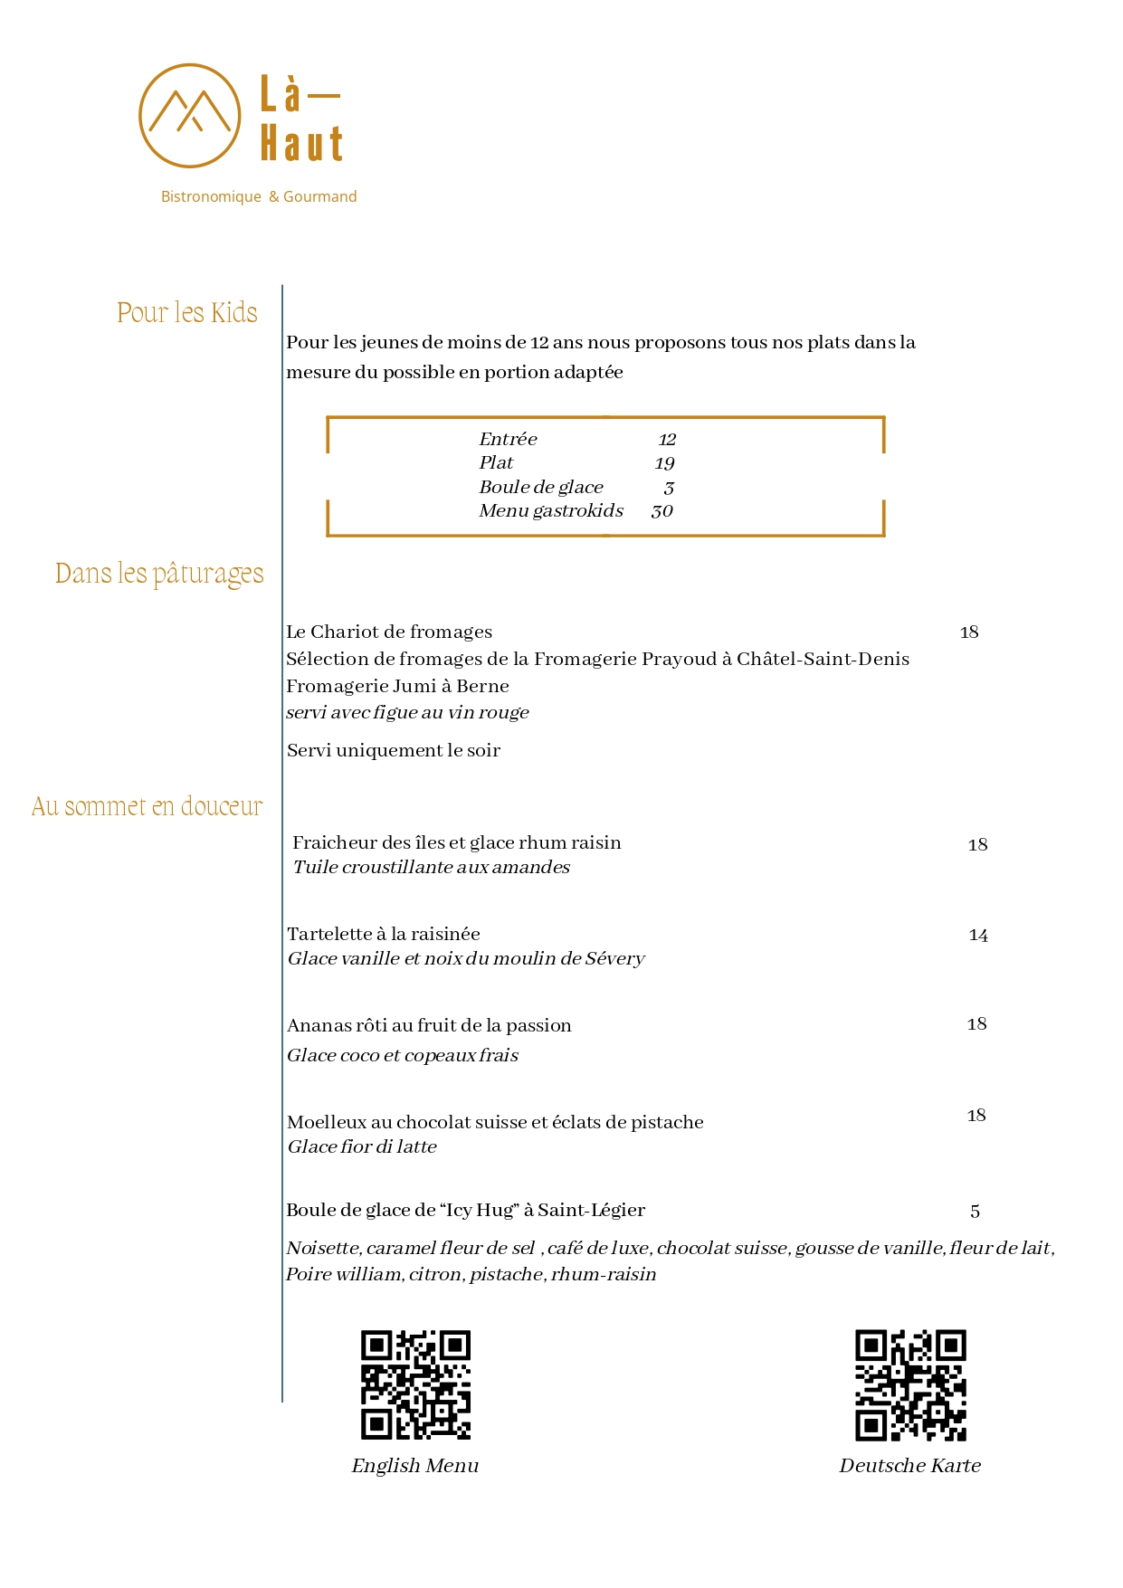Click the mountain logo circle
(x=189, y=115)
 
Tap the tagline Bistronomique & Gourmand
(x=259, y=196)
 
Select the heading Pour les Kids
(x=187, y=313)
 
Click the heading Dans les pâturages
(x=159, y=574)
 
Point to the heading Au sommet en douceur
(x=147, y=806)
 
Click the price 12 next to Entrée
(x=667, y=440)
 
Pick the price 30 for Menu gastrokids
(x=661, y=511)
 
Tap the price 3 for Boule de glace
(x=669, y=488)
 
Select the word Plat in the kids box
(x=496, y=463)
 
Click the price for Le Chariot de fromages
(x=969, y=632)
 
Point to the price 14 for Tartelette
(x=977, y=936)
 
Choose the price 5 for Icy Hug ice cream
(x=975, y=1212)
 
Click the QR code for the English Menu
(x=415, y=1384)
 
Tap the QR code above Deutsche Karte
(x=910, y=1384)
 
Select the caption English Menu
(x=415, y=1466)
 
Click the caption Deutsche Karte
(x=909, y=1466)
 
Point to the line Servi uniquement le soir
(x=394, y=750)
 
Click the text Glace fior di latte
(x=362, y=1147)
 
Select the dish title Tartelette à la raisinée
(x=384, y=934)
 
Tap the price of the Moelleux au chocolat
(x=976, y=1116)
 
